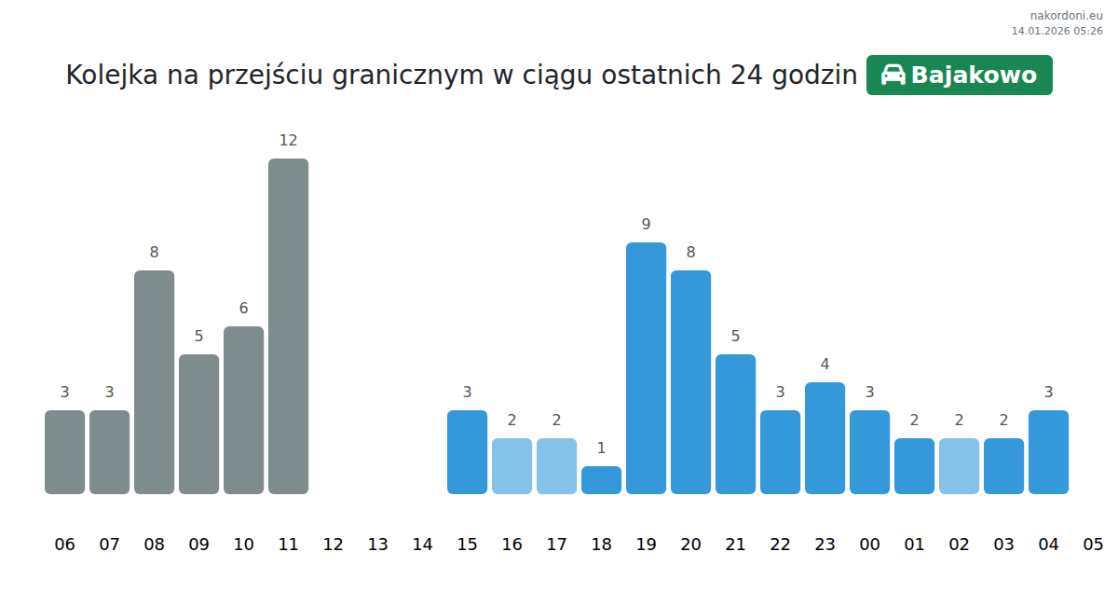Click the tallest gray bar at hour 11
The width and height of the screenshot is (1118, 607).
coord(288,326)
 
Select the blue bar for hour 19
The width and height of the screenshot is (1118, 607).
coord(646,368)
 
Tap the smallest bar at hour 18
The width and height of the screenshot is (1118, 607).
coord(601,480)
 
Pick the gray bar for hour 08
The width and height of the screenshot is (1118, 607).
coord(154,382)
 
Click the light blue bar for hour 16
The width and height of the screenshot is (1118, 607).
coord(511,466)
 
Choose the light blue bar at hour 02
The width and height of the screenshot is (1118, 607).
coord(959,466)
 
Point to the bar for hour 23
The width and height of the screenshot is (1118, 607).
coord(825,438)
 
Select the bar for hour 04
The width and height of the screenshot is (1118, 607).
coord(1048,452)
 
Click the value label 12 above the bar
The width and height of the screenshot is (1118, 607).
coord(288,141)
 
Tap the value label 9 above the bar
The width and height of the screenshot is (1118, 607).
coord(646,225)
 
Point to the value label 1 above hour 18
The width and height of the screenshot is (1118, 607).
coord(601,448)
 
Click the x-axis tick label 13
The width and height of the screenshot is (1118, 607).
coord(377,545)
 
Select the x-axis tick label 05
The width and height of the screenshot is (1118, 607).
coord(1093,545)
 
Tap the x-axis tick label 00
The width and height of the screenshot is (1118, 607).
coord(869,545)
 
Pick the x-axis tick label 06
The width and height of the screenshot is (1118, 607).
coord(64,545)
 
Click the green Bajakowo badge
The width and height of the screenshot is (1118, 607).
coord(959,76)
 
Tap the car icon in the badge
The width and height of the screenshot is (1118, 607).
coord(893,76)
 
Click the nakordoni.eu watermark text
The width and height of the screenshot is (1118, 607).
coord(1066,16)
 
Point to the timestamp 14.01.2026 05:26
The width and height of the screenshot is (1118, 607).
coord(1057,31)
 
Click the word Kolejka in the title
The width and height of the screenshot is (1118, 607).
coord(112,76)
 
